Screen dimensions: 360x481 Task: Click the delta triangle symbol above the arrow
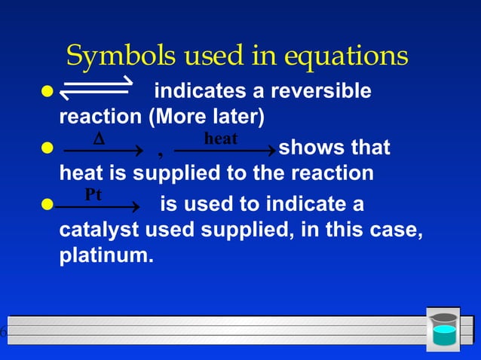pyautogui.click(x=98, y=139)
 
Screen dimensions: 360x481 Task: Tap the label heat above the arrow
pyautogui.click(x=221, y=139)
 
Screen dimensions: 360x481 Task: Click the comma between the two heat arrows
pyautogui.click(x=160, y=154)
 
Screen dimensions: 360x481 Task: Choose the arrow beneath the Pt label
pyautogui.click(x=98, y=206)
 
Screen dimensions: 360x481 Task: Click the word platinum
pyautogui.click(x=106, y=256)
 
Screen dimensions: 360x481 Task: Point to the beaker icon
pyautogui.click(x=443, y=329)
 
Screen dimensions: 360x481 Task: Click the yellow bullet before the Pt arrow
pyautogui.click(x=48, y=205)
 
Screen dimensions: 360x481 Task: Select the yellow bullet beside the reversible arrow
pyautogui.click(x=48, y=92)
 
